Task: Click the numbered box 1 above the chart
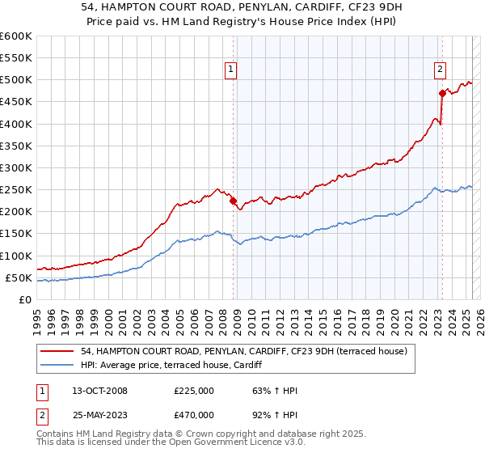click(x=231, y=70)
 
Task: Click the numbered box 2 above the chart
click(x=441, y=70)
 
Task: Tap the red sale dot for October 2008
click(x=233, y=201)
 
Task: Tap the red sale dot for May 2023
click(x=442, y=93)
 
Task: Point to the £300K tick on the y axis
click(x=18, y=168)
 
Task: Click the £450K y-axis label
click(x=18, y=102)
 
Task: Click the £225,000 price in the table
click(x=194, y=391)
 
